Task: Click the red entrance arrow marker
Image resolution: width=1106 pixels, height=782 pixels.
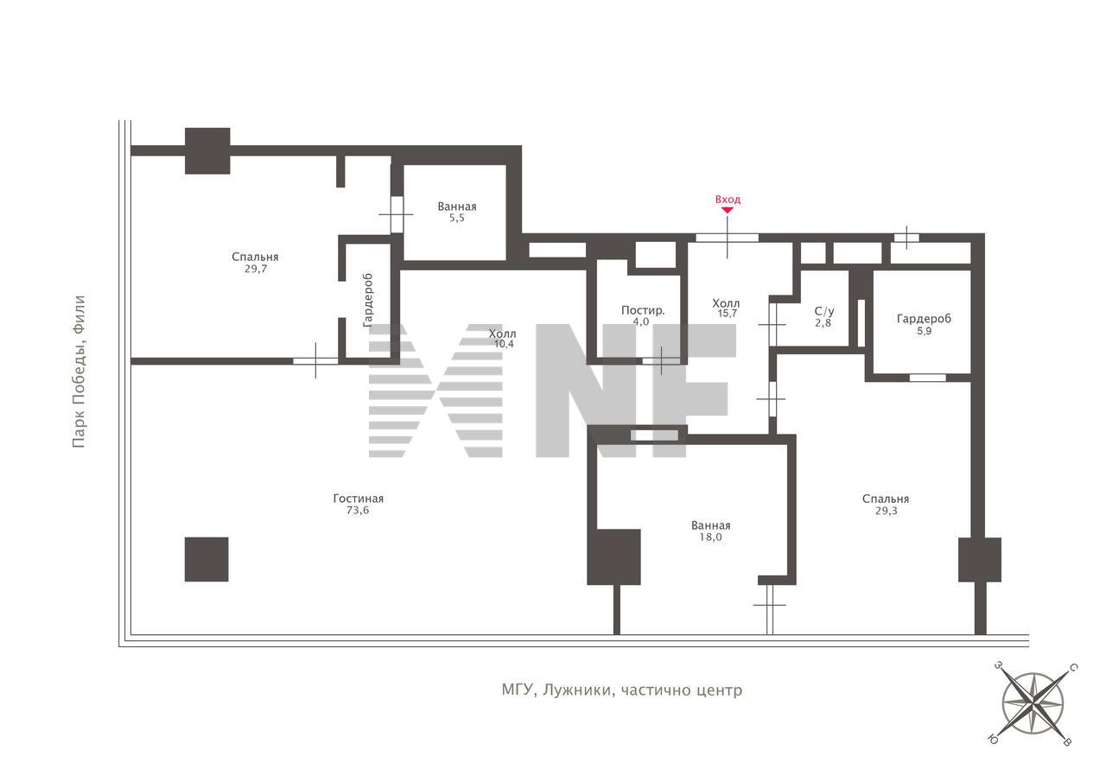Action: point(728,210)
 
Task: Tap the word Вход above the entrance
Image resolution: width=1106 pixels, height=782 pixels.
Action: point(728,200)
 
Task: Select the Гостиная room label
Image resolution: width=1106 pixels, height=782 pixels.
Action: point(358,499)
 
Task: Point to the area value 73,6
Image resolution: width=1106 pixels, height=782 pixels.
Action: point(358,511)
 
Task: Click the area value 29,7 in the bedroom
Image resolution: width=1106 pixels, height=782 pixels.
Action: point(255,269)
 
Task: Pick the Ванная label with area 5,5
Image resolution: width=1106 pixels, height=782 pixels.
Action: point(457,207)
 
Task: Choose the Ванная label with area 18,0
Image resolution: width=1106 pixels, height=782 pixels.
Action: point(710,525)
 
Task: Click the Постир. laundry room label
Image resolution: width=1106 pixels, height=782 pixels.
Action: point(642,310)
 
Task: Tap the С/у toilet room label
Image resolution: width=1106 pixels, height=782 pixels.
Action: point(824,312)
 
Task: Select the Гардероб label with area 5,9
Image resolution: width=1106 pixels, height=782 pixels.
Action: point(924,319)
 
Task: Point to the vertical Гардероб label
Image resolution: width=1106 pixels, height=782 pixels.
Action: point(368,300)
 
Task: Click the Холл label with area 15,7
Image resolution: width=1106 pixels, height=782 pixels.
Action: point(726,303)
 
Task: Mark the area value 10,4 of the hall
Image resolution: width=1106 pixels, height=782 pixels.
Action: point(504,344)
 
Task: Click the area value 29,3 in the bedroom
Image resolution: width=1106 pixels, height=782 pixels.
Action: point(887,511)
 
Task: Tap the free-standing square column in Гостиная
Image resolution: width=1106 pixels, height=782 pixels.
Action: point(207,559)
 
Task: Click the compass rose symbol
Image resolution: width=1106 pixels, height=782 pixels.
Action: point(1033,703)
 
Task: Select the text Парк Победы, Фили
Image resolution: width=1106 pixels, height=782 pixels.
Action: point(79,372)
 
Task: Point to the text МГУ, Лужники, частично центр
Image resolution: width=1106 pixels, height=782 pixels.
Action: point(621,690)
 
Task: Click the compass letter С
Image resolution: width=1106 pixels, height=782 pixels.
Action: point(1073,668)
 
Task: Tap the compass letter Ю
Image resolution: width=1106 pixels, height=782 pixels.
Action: point(992,739)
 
